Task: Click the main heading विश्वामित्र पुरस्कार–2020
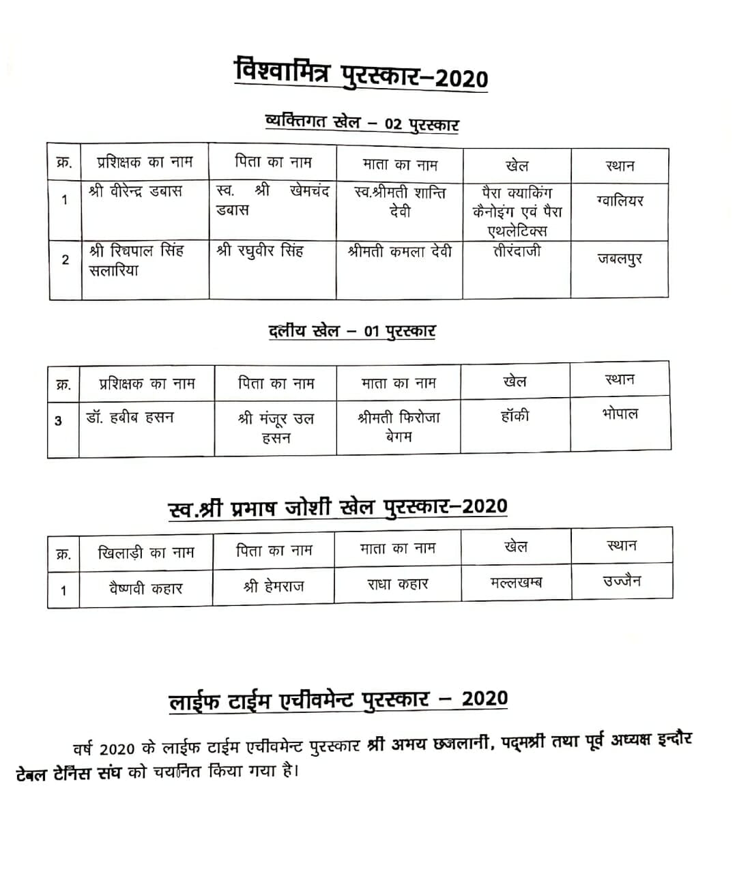point(361,73)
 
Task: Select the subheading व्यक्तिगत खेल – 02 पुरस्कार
point(361,123)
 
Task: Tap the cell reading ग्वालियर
point(620,201)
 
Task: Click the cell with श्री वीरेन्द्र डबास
point(136,191)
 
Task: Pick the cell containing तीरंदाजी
point(517,251)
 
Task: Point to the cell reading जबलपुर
point(620,259)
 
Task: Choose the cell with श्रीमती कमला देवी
point(400,252)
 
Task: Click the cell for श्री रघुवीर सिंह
point(260,251)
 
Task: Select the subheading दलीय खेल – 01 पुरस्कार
point(352,332)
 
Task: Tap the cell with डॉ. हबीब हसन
point(130,416)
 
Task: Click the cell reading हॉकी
point(515,416)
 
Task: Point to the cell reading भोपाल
point(620,413)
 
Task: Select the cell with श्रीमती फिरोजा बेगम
point(399,426)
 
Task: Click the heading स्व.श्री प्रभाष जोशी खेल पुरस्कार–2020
point(338,508)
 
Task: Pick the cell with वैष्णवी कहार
point(146,587)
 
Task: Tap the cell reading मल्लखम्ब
point(516,583)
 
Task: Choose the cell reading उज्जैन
point(622,581)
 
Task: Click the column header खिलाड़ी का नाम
point(146,552)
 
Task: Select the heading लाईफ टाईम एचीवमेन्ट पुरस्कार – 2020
point(338,700)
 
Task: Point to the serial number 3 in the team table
point(58,421)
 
